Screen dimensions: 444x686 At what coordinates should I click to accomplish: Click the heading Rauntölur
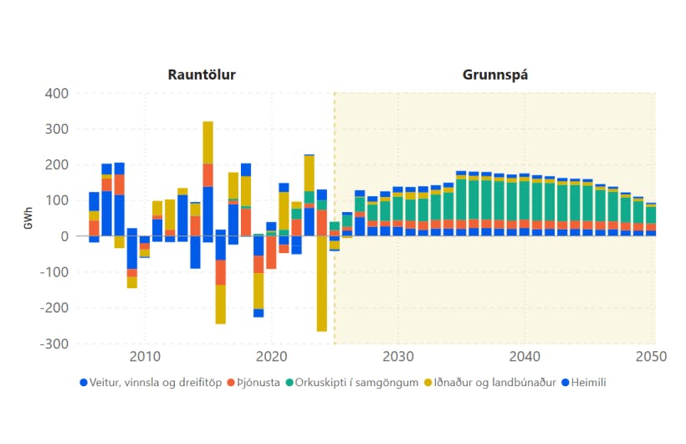[x=202, y=75]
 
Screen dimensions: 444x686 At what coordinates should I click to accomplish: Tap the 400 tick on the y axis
[x=55, y=93]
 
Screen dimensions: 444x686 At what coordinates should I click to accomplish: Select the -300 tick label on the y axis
[x=54, y=344]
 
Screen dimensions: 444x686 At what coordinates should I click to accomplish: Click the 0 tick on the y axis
[x=64, y=236]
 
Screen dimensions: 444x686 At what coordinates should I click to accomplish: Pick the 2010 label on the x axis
[x=145, y=357]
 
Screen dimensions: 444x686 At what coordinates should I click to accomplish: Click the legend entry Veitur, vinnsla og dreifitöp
[x=156, y=383]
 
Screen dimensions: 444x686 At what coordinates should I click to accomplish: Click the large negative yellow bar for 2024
[x=321, y=285]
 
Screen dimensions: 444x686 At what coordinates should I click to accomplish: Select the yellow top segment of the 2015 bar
[x=207, y=142]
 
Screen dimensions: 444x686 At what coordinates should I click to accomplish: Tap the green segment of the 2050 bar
[x=651, y=214]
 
